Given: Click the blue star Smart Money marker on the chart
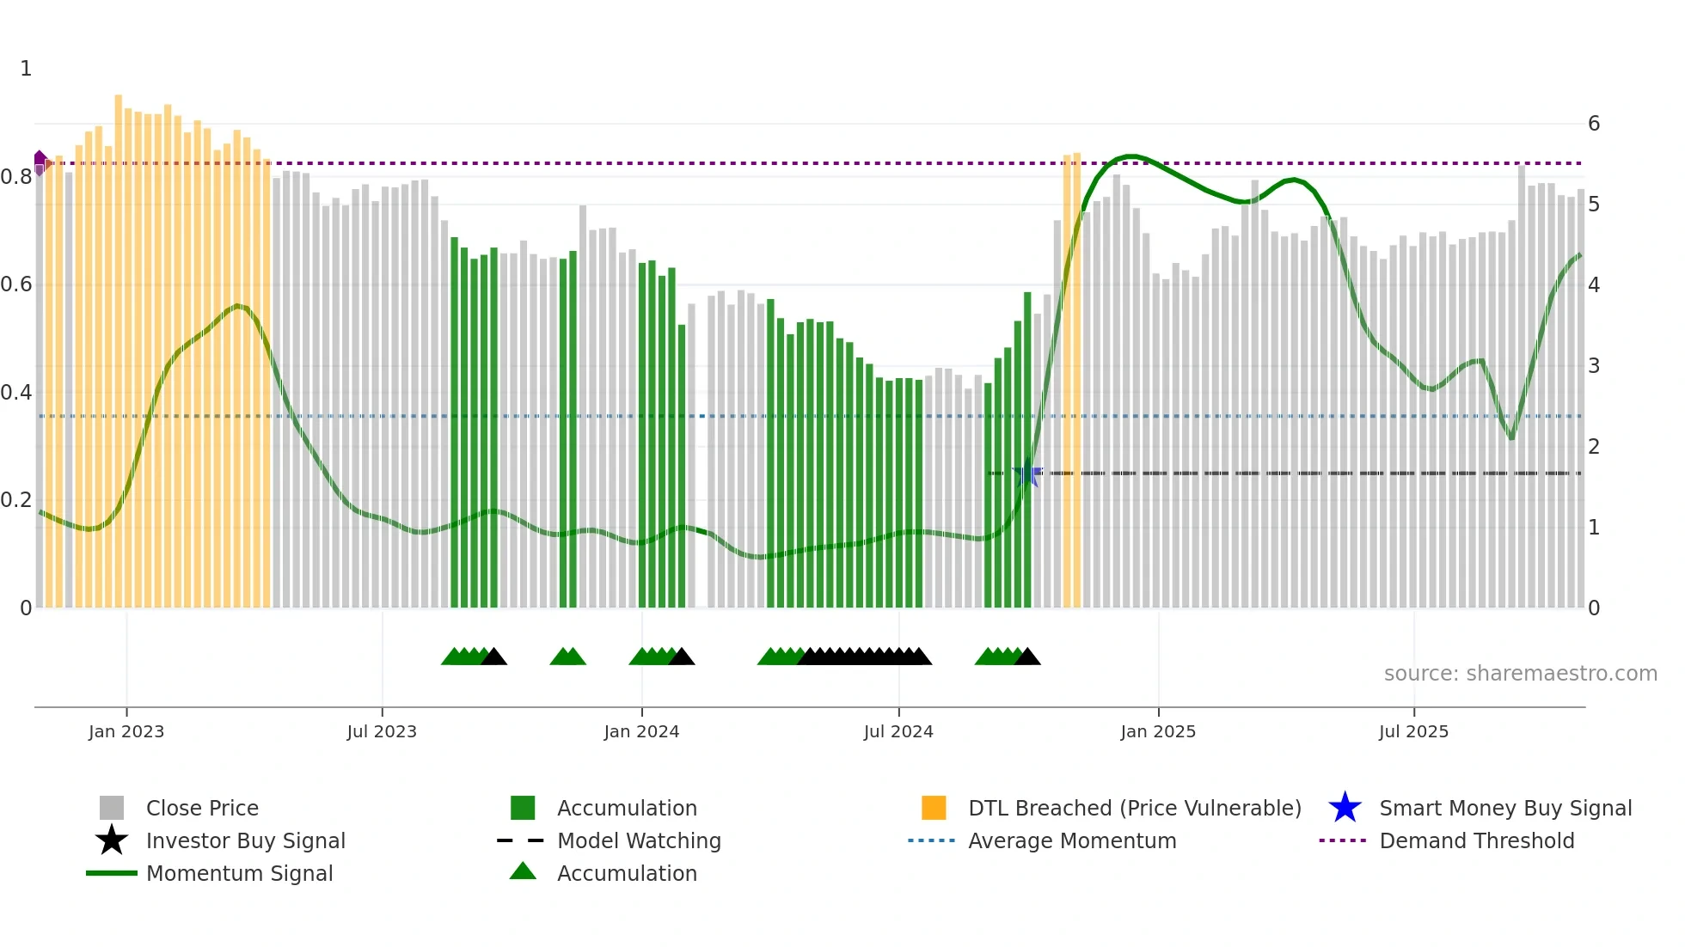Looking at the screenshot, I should (x=1026, y=473).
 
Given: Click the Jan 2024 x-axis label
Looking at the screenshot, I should (x=641, y=731).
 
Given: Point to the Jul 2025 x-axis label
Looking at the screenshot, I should (x=1413, y=731).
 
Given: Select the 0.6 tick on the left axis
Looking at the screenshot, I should (x=16, y=284).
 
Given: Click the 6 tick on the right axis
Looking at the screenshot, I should (x=1594, y=124).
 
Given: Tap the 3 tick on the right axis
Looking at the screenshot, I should (x=1594, y=366).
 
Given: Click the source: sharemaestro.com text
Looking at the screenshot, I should (x=1520, y=673).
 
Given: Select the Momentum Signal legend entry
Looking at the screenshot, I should (x=239, y=873).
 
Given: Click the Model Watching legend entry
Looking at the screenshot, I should (x=639, y=840).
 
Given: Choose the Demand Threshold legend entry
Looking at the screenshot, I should (x=1476, y=840).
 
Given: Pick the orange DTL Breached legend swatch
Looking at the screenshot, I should (x=934, y=808).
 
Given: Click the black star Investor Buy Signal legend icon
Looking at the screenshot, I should (x=112, y=840).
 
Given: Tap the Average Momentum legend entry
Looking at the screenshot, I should (x=1071, y=840).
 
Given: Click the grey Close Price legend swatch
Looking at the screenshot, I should (x=112, y=808).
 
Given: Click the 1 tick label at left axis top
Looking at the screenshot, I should (x=26, y=69).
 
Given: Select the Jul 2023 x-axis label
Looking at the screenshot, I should (x=382, y=731).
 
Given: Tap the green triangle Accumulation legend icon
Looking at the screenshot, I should (x=523, y=872).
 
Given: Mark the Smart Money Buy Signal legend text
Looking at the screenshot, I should (x=1504, y=808).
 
